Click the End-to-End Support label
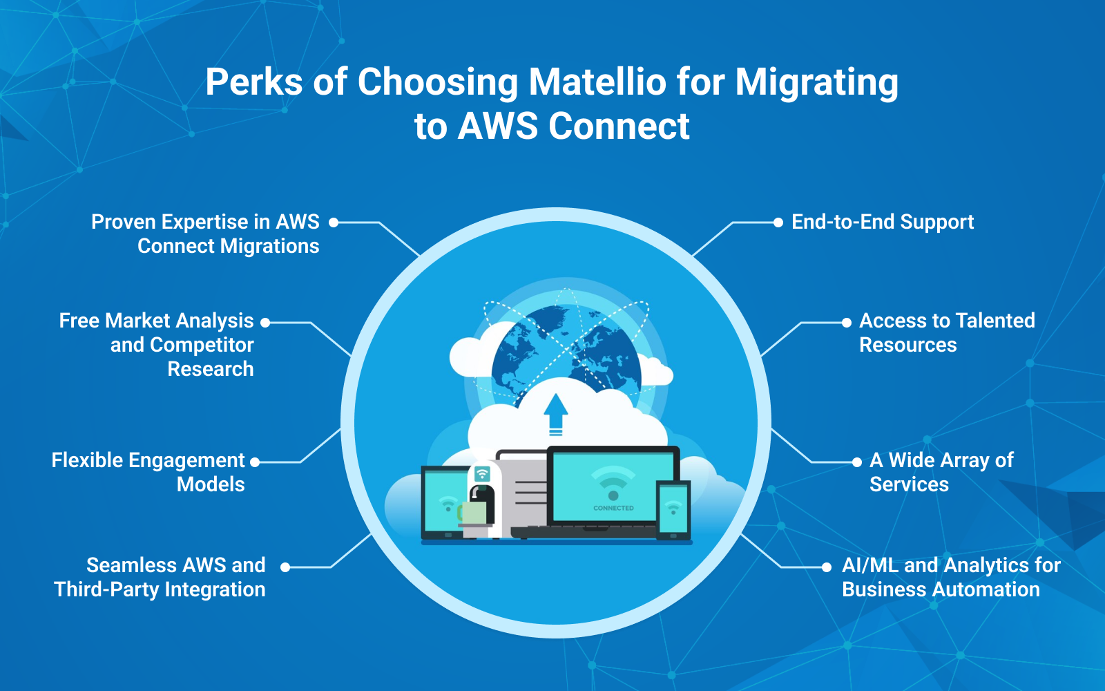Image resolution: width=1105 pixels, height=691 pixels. pos(882,222)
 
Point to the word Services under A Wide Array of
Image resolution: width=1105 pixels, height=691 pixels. pos(909,484)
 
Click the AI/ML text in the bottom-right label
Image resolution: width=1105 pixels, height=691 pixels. pos(869,565)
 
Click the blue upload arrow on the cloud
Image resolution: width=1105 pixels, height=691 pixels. pos(555,412)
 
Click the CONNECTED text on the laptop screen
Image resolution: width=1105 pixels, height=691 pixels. pos(613,508)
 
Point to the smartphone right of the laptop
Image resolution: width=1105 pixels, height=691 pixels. pos(673,510)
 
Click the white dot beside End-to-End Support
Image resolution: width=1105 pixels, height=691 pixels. pos(778,223)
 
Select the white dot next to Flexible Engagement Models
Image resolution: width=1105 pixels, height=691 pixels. pos(255,462)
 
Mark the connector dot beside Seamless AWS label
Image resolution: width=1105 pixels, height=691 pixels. pos(285,567)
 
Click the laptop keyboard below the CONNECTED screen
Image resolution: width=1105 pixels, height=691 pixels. pos(584,531)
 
